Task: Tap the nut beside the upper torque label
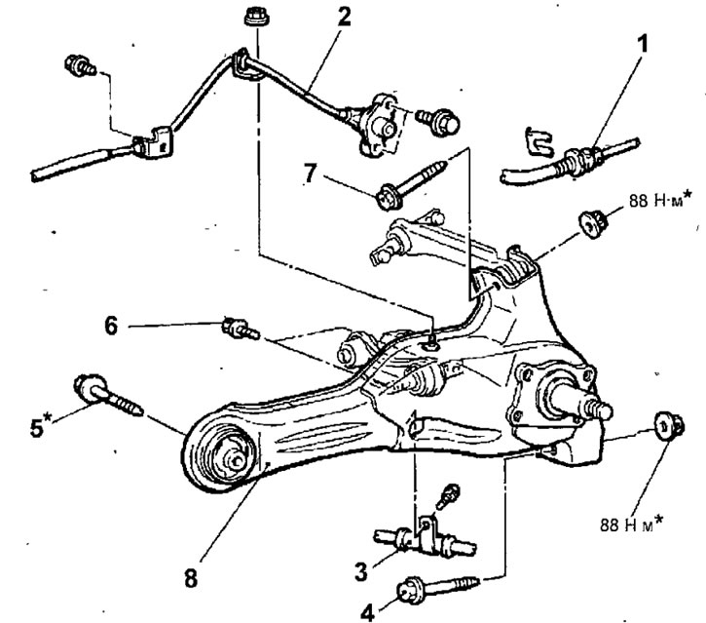coord(588,221)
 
